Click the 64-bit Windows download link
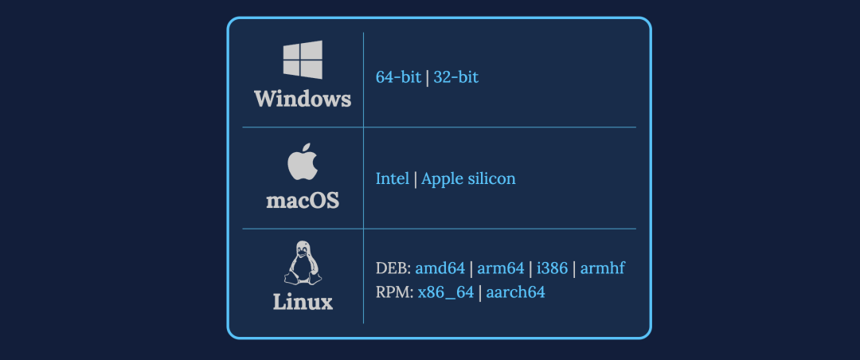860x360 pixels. (398, 77)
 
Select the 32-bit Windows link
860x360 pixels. (456, 77)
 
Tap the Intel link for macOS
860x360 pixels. (393, 178)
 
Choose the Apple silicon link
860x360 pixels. (468, 178)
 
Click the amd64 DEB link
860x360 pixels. (440, 268)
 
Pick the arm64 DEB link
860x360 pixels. (501, 268)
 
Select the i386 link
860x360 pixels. (553, 268)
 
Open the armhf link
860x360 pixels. (603, 268)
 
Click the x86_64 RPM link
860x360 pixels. (446, 292)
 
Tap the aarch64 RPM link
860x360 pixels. (516, 292)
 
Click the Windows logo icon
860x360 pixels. (303, 61)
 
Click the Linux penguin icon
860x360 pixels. (303, 263)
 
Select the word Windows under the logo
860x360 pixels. (303, 100)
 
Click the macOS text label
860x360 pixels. (303, 200)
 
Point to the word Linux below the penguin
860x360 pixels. (303, 303)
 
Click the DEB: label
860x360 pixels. (393, 268)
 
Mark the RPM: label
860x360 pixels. (394, 292)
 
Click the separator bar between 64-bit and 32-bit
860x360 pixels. (428, 77)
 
